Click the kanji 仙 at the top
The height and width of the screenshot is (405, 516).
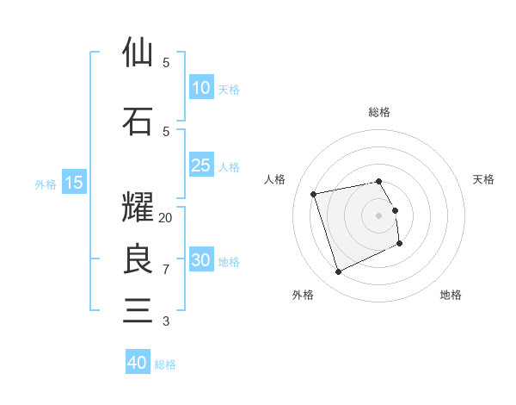pyautogui.click(x=138, y=53)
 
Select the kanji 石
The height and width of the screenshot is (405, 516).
pyautogui.click(x=138, y=121)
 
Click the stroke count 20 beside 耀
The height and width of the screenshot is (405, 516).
pyautogui.click(x=166, y=218)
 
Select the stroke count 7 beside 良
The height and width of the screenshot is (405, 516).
pyautogui.click(x=166, y=270)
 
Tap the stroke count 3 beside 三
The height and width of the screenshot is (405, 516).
pyautogui.click(x=166, y=321)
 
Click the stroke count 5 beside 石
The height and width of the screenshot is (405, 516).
pyautogui.click(x=166, y=131)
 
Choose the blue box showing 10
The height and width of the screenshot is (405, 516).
pyautogui.click(x=200, y=88)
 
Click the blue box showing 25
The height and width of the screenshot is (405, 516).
pyautogui.click(x=200, y=165)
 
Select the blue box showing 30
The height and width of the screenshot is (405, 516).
pyautogui.click(x=200, y=260)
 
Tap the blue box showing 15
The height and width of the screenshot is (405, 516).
pyautogui.click(x=73, y=183)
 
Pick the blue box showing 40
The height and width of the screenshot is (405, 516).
pyautogui.click(x=138, y=363)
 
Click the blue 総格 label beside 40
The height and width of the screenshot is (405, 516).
pyautogui.click(x=165, y=364)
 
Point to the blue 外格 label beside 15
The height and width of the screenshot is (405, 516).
pyautogui.click(x=45, y=184)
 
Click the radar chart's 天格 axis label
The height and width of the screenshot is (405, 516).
pyautogui.click(x=484, y=179)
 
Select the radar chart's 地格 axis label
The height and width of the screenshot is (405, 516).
pyautogui.click(x=451, y=295)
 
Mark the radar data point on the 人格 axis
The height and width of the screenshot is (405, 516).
pyautogui.click(x=314, y=193)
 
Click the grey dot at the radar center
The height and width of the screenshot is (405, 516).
pyautogui.click(x=378, y=215)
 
